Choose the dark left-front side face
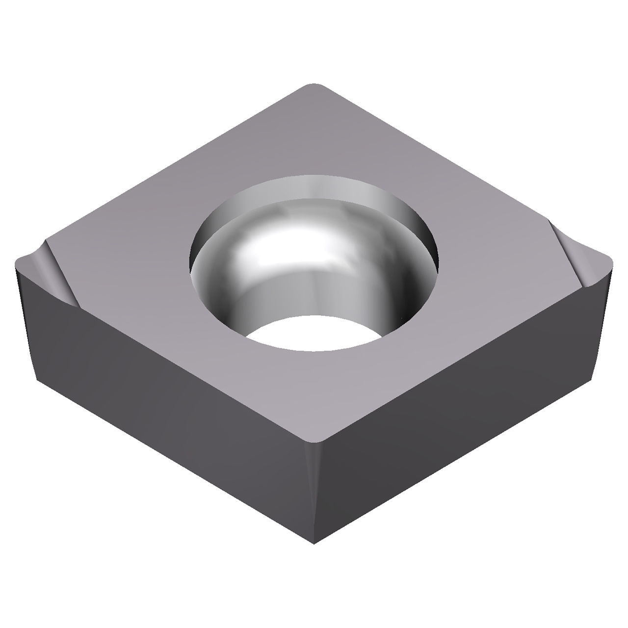162,407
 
